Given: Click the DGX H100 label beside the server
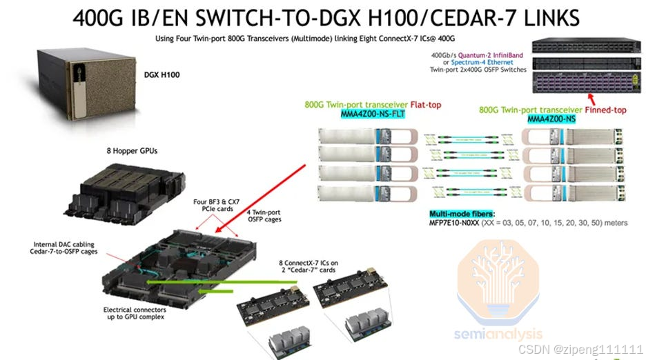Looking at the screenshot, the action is (x=161, y=74).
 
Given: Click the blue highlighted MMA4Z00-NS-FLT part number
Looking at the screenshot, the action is (x=373, y=114).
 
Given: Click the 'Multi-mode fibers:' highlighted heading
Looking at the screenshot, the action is (x=457, y=214).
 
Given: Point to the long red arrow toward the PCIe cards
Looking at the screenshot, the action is (x=262, y=196).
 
